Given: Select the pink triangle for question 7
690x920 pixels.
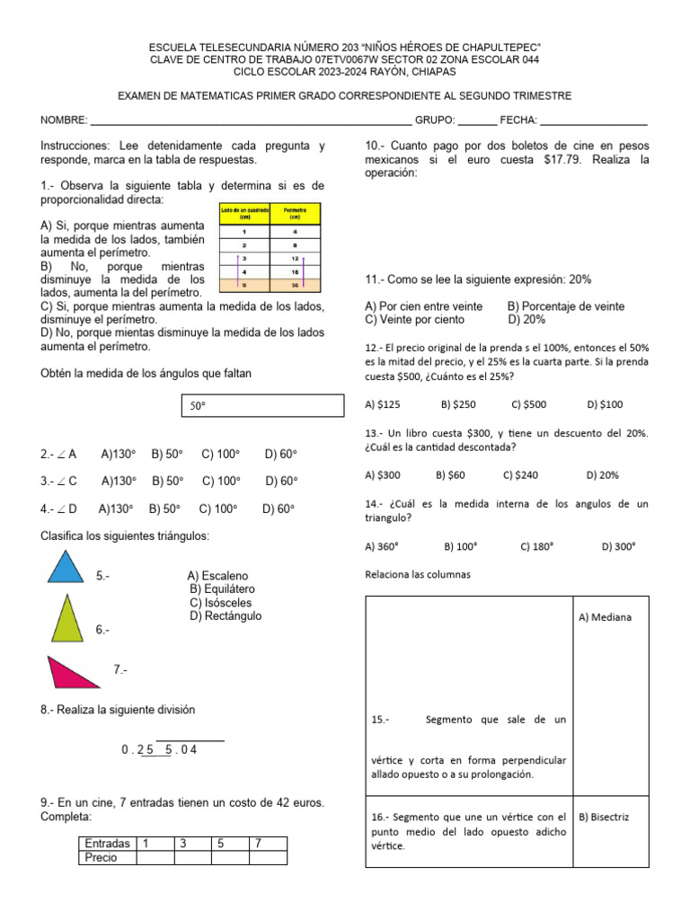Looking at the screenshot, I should click(x=74, y=673).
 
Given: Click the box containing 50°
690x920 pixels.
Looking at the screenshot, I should click(x=262, y=406).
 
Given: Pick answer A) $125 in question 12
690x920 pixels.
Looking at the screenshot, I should click(x=381, y=404).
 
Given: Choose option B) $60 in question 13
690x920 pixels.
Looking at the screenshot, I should click(x=451, y=474).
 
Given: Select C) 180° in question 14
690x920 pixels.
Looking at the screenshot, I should click(x=536, y=545).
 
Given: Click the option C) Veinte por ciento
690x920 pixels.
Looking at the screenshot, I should click(x=414, y=319).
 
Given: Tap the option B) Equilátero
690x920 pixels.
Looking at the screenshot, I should click(x=224, y=589).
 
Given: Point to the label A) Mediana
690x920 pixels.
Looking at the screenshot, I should click(x=606, y=617).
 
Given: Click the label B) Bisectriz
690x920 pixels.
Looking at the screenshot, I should click(x=605, y=817).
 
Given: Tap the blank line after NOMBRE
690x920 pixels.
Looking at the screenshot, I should click(x=251, y=120).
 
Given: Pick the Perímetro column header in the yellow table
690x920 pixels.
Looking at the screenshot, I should click(x=295, y=213).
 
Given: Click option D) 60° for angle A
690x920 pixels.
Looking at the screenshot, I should click(x=280, y=455).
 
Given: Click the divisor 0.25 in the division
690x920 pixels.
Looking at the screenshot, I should click(x=137, y=749).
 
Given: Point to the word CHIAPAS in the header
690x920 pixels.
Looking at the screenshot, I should click(x=433, y=71).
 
